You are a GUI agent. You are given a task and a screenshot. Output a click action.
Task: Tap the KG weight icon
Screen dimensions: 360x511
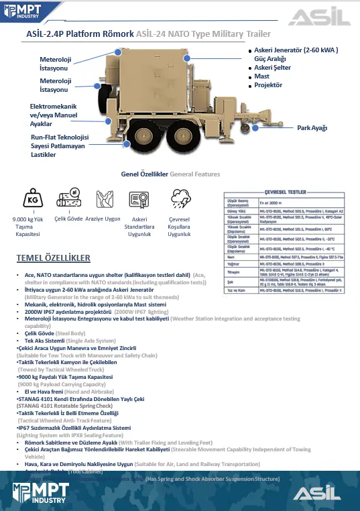tap(32, 199)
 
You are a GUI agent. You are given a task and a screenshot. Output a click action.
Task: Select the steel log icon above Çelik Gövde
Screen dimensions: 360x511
tap(68, 199)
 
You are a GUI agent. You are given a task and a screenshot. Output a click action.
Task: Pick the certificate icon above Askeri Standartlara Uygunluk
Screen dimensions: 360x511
tap(139, 199)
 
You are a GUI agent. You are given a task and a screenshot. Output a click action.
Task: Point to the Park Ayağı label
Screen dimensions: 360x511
tap(312, 127)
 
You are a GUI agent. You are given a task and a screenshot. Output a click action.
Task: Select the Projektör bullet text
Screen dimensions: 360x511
tap(269, 85)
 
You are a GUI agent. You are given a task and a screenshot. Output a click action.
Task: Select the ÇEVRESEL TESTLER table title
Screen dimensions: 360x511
tap(289, 191)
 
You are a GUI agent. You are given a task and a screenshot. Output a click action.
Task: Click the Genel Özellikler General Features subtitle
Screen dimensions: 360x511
tap(170, 174)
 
